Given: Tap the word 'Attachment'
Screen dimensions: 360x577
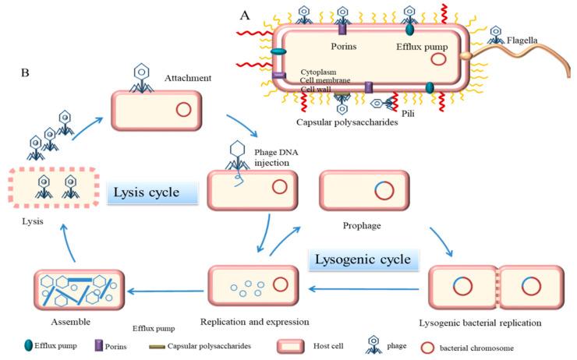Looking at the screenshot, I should click(x=188, y=79).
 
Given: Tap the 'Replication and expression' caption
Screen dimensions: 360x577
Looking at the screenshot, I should click(x=253, y=320).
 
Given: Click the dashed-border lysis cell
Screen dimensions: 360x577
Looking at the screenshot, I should click(x=53, y=186).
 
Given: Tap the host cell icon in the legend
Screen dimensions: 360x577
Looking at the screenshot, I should click(x=296, y=344).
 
